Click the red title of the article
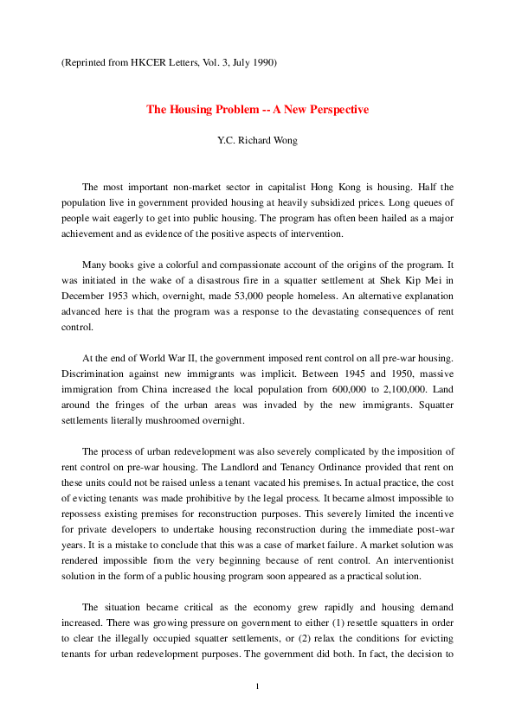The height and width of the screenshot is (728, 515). click(x=257, y=110)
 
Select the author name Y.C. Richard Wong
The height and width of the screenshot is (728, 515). click(x=257, y=137)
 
